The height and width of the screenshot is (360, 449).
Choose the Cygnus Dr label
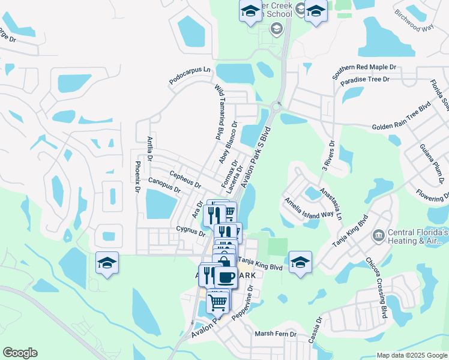click(191, 231)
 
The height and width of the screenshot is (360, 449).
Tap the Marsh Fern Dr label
click(276, 334)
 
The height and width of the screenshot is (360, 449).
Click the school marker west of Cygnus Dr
click(107, 262)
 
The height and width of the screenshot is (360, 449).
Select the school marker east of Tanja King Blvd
click(300, 261)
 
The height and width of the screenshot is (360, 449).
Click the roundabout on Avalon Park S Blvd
click(277, 107)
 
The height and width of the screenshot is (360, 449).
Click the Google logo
click(20, 353)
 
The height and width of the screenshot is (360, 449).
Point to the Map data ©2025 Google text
click(412, 355)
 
